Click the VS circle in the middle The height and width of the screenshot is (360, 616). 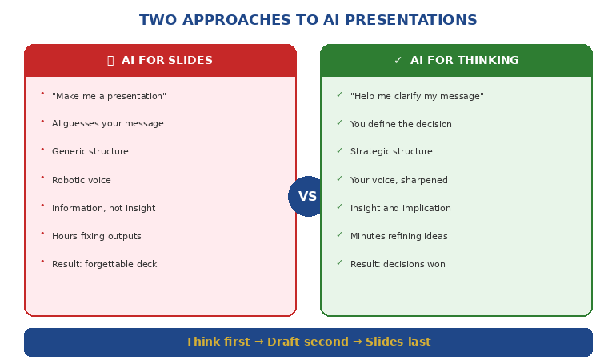[x=308, y=196]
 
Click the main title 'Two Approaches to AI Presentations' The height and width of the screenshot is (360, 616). [x=308, y=21]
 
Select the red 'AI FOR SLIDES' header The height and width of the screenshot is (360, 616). [x=160, y=61]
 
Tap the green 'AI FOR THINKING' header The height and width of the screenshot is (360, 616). [x=456, y=61]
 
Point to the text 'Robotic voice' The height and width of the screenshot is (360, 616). [x=82, y=181]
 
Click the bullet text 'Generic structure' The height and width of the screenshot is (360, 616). [x=90, y=152]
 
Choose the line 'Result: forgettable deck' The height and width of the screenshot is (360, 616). [x=104, y=265]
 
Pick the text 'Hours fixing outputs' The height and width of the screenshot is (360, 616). [x=97, y=237]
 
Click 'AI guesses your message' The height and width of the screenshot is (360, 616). [x=108, y=124]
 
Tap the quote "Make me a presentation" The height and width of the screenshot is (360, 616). [x=109, y=97]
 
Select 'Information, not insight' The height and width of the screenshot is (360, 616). [x=104, y=209]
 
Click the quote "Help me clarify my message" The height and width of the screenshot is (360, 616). [x=417, y=97]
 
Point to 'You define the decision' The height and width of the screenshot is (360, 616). [x=401, y=125]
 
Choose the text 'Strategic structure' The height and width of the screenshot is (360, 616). [x=391, y=152]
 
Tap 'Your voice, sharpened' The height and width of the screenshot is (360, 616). [x=399, y=181]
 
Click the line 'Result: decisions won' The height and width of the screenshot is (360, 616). [x=398, y=265]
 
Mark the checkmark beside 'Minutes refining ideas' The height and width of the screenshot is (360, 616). [x=339, y=235]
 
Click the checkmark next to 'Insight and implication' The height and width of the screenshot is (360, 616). [x=339, y=207]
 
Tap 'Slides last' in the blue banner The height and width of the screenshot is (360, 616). [x=398, y=342]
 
